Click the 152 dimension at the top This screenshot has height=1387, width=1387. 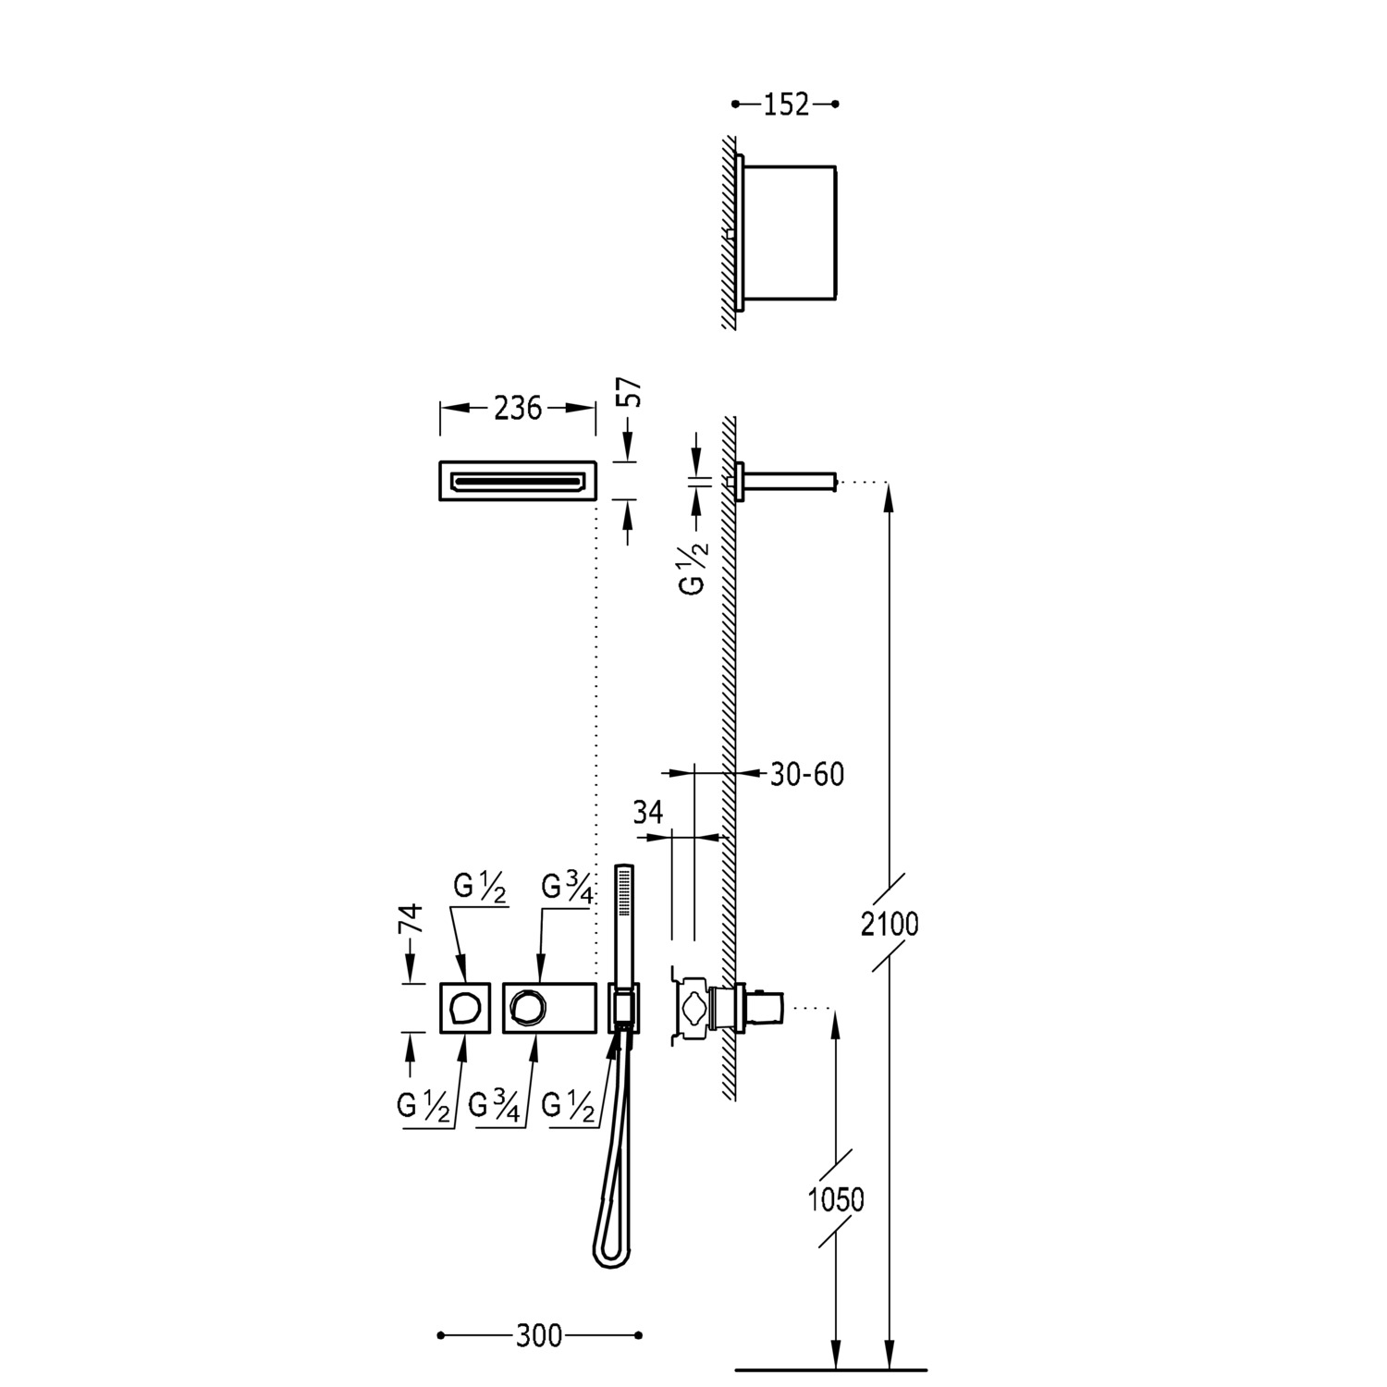(x=786, y=104)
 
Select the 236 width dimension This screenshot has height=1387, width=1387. (x=517, y=408)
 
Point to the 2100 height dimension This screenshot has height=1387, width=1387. (x=890, y=923)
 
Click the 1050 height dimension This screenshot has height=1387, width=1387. (x=836, y=1199)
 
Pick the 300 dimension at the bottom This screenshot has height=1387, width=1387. (x=539, y=1335)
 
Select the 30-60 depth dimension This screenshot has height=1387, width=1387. (x=807, y=774)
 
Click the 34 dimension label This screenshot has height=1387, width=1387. (x=648, y=813)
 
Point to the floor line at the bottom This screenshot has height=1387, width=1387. (x=830, y=1369)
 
